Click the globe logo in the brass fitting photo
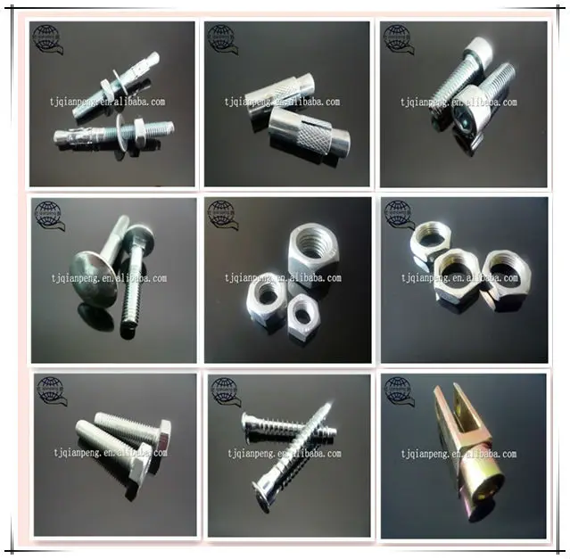click(x=399, y=389)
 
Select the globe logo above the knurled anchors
click(x=222, y=37)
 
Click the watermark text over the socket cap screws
click(x=458, y=103)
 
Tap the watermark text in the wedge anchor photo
click(x=108, y=103)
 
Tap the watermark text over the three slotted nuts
click(x=458, y=278)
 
